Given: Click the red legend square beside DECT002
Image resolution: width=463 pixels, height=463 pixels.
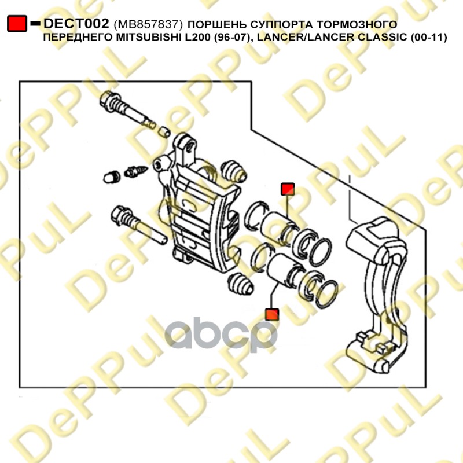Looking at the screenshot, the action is click(17, 24).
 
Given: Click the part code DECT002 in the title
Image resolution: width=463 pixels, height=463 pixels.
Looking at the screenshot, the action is click(76, 24).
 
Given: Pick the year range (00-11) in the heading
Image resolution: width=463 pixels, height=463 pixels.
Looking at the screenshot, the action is click(429, 38).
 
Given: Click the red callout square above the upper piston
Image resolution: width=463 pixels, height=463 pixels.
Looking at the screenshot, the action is click(288, 189).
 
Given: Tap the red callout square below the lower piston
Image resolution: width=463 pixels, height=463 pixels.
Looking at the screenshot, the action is click(272, 314).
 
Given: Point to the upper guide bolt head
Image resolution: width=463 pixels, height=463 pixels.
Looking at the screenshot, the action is click(110, 102).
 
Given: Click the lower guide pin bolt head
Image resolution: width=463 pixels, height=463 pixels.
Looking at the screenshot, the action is click(122, 218).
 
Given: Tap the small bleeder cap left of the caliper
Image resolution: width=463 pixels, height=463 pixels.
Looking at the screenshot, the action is click(112, 177).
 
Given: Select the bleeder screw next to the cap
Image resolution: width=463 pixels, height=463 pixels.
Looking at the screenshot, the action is click(136, 171).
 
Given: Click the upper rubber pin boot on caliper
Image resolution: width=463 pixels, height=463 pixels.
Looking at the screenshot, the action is click(234, 171).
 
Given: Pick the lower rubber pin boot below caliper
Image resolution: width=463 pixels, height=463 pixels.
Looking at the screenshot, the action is click(241, 284).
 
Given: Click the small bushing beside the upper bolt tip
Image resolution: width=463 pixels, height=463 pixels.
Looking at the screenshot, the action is click(164, 132).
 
